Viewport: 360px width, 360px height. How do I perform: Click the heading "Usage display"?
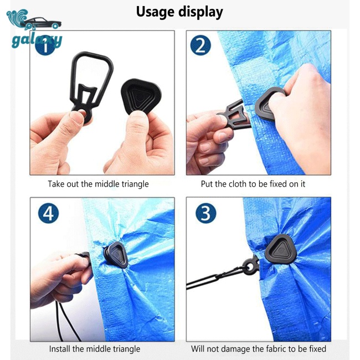(x=179, y=12)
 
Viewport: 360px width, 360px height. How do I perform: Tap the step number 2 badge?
(x=200, y=45)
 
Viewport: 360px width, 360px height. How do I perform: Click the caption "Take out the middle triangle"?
(x=98, y=184)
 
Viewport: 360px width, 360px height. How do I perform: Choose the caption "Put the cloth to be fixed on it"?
(x=253, y=184)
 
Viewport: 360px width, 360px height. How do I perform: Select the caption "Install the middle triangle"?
(x=95, y=349)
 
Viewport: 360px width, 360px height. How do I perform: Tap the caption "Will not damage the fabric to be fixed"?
(x=259, y=349)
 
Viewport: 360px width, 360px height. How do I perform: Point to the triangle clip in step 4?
(x=114, y=254)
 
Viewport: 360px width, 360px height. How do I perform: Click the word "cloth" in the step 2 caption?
(x=234, y=184)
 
